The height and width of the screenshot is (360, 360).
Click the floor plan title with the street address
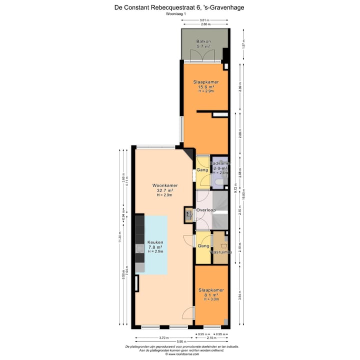pyautogui.click(x=179, y=7)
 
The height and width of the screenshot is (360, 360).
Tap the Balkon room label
pyautogui.click(x=203, y=41)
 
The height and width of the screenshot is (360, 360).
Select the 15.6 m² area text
pyautogui.click(x=206, y=86)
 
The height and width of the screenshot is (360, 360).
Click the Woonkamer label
pyautogui.click(x=165, y=185)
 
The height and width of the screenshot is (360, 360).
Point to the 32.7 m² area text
pyautogui.click(x=165, y=190)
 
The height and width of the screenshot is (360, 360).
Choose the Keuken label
pyautogui.click(x=155, y=242)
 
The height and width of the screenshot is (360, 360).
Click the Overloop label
pyautogui.click(x=205, y=210)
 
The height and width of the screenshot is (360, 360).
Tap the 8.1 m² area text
pyautogui.click(x=210, y=294)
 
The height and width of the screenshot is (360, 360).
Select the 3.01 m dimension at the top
pyautogui.click(x=204, y=20)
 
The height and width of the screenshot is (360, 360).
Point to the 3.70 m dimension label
pyautogui.click(x=163, y=337)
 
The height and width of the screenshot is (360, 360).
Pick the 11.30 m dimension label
pyautogui.click(x=120, y=237)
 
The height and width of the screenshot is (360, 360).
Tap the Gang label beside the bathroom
pyautogui.click(x=202, y=170)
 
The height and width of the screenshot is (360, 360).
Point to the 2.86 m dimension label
pyautogui.click(x=204, y=24)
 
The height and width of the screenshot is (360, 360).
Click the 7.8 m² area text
pyautogui.click(x=155, y=247)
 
